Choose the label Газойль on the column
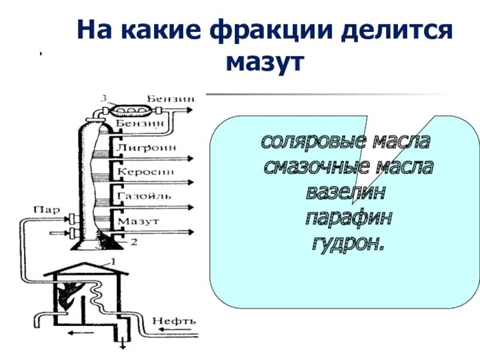click(145, 196)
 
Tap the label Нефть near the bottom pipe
click(173, 320)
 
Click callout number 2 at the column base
click(134, 242)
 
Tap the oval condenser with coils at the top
click(128, 109)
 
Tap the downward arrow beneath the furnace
click(122, 344)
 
